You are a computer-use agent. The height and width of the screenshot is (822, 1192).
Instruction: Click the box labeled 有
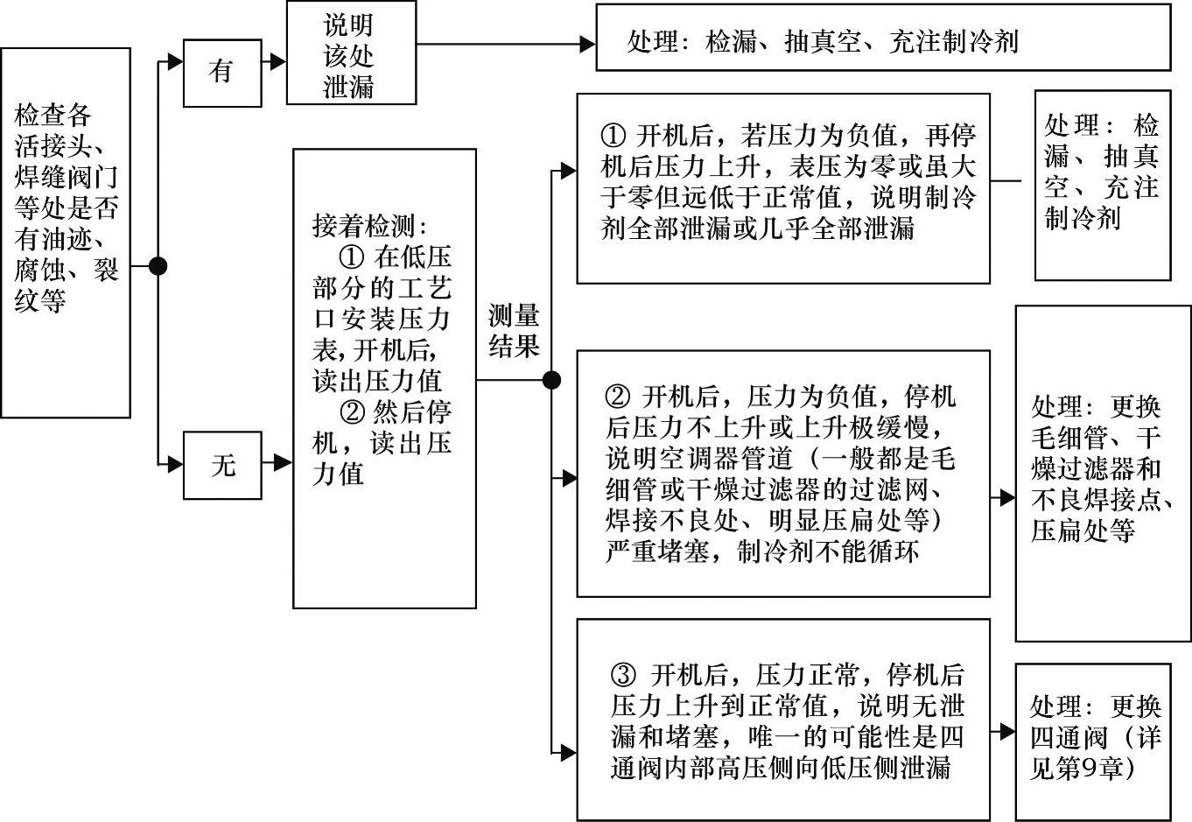pyautogui.click(x=221, y=73)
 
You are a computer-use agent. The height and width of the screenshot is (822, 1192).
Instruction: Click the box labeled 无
pyautogui.click(x=221, y=465)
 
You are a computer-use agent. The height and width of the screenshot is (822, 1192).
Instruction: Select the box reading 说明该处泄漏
pyautogui.click(x=351, y=54)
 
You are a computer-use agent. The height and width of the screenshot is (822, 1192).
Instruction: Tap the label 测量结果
pyautogui.click(x=514, y=331)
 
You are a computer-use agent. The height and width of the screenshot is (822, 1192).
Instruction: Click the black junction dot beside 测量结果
pyautogui.click(x=551, y=380)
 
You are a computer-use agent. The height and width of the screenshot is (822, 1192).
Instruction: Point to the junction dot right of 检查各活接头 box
pyautogui.click(x=158, y=266)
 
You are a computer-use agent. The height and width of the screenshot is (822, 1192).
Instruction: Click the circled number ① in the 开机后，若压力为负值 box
pyautogui.click(x=614, y=136)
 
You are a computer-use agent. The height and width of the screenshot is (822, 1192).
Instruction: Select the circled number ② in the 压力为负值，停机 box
pyautogui.click(x=618, y=397)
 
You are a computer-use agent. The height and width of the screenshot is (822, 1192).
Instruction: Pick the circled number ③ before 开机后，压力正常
pyautogui.click(x=623, y=675)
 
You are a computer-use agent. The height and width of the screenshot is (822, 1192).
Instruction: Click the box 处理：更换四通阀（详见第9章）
pyautogui.click(x=1092, y=741)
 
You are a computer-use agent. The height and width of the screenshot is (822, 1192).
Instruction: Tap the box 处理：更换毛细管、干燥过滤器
pyautogui.click(x=1102, y=473)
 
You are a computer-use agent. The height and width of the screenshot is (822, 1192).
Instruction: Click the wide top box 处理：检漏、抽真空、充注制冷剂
pyautogui.click(x=882, y=38)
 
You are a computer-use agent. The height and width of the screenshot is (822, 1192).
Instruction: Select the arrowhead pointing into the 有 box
pyautogui.click(x=176, y=61)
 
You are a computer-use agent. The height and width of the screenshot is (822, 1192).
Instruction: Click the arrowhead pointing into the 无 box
pyautogui.click(x=176, y=464)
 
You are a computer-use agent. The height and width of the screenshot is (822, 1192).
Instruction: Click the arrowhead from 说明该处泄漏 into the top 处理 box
pyautogui.click(x=587, y=43)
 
